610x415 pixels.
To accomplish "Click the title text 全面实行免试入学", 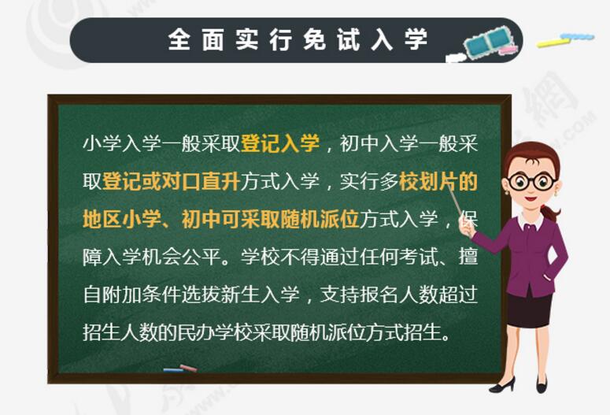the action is point(298,39).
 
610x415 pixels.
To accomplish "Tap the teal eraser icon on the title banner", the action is point(491,41).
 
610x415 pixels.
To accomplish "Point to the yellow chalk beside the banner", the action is point(553,42).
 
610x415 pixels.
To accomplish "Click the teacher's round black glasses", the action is point(532,180).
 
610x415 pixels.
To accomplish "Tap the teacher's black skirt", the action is point(530,310).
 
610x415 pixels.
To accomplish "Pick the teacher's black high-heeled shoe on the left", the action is point(503,384).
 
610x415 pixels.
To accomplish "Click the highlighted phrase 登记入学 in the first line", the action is point(280,143).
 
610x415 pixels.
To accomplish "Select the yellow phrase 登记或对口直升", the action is point(171,181).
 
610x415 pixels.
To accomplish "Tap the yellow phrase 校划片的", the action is point(438,181).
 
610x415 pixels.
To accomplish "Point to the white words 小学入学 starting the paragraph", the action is point(122,143).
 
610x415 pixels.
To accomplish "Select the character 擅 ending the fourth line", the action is point(468,257).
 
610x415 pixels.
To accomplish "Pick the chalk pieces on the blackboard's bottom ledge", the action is point(180,369).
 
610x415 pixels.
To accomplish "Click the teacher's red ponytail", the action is point(549,213).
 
